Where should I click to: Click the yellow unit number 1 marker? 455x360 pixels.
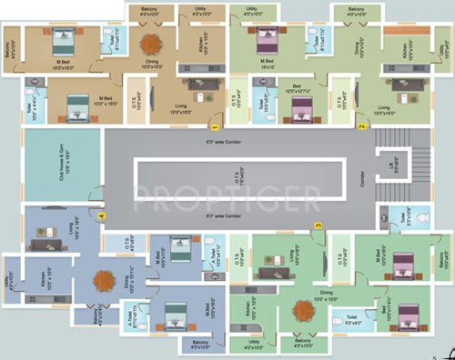click(x=215, y=114)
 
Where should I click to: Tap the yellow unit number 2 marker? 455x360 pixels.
click(x=360, y=125)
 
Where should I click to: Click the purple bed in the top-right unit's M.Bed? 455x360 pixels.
click(x=266, y=40)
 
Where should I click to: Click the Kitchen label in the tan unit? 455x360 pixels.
click(x=195, y=37)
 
